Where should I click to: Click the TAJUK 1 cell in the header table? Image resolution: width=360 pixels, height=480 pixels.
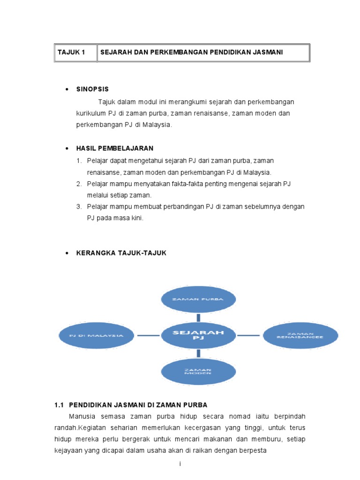pos(71,52)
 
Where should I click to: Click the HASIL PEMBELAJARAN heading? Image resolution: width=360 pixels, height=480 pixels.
pos(115,148)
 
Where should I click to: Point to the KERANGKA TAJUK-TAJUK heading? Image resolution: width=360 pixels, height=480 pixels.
pos(121,253)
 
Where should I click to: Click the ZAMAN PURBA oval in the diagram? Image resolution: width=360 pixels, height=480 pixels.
pos(199,299)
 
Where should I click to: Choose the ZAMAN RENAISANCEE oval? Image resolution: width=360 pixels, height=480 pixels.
pos(300,335)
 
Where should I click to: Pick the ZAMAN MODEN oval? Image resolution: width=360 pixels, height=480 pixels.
pos(199,371)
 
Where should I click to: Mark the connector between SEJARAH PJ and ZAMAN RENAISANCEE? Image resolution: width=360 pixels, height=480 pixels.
pos(248,335)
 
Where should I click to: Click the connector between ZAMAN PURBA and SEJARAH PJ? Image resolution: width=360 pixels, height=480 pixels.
pos(199,317)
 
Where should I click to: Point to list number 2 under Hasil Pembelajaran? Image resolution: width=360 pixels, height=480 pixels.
pos(79,184)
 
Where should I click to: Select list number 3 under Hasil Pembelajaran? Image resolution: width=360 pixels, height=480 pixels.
pos(79,207)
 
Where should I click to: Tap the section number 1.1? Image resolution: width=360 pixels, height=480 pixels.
pos(59,405)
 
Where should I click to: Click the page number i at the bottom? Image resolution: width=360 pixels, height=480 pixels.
pos(180,464)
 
